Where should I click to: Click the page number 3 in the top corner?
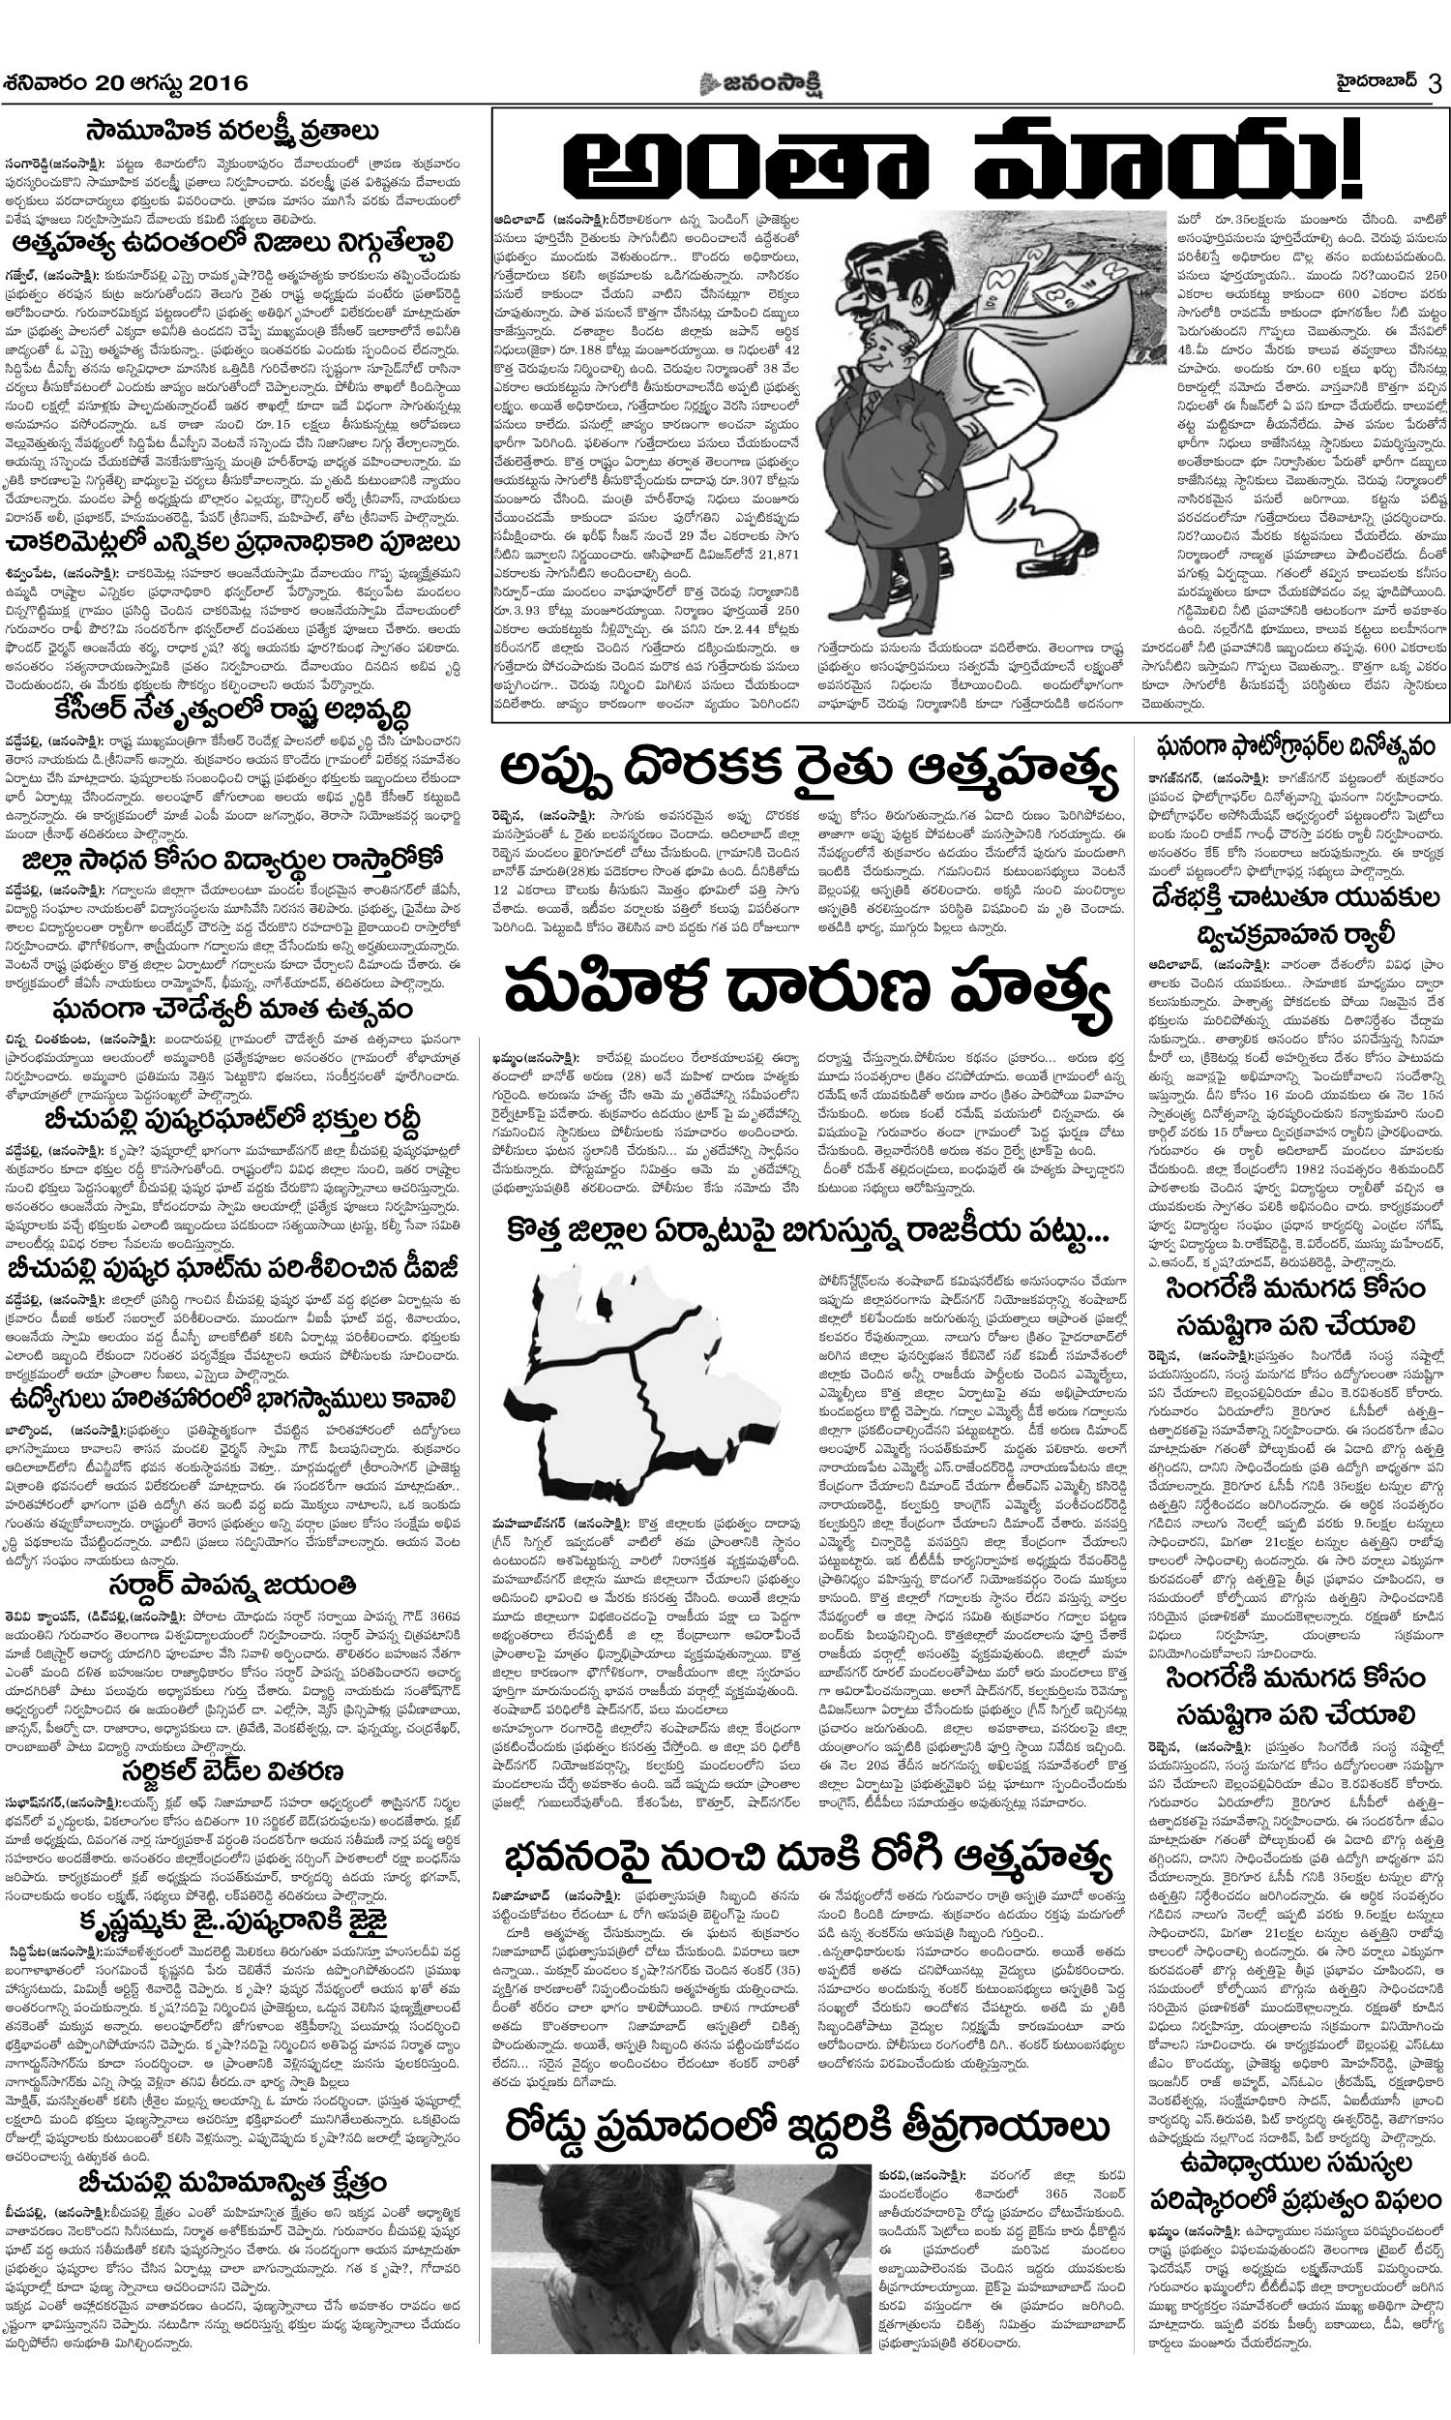1435,82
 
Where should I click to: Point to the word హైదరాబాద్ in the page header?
1365,81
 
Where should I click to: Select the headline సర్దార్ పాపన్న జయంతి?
247,1581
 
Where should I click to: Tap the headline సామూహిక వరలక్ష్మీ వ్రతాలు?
247,130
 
